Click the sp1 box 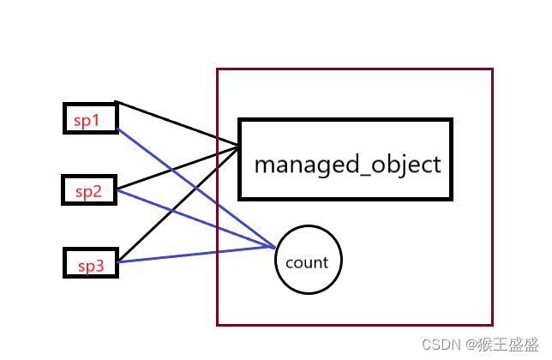pyautogui.click(x=90, y=118)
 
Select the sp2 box pyautogui.click(x=87, y=189)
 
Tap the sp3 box pyautogui.click(x=90, y=262)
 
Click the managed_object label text pyautogui.click(x=347, y=164)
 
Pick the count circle pyautogui.click(x=309, y=260)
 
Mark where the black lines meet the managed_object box pyautogui.click(x=239, y=147)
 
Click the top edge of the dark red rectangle pyautogui.click(x=355, y=69)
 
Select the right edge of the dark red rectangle pyautogui.click(x=493, y=197)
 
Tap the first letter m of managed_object pyautogui.click(x=264, y=165)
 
